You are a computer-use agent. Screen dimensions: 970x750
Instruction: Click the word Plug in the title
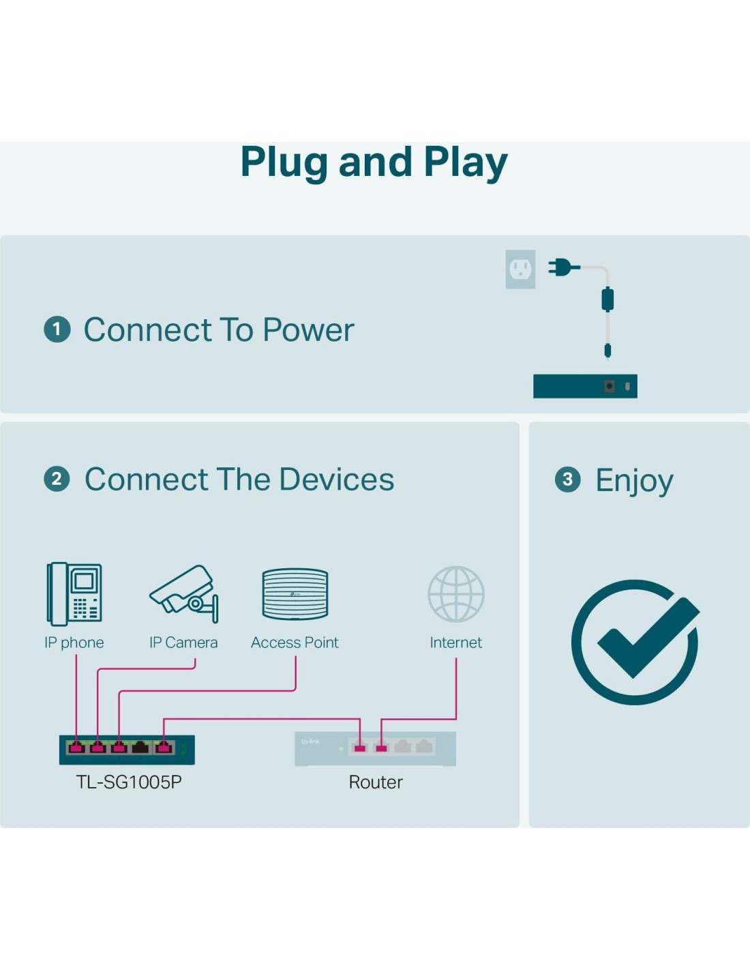pos(284,162)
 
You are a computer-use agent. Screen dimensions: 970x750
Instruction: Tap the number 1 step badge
pos(57,329)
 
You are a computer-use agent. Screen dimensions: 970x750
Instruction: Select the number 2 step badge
pos(57,479)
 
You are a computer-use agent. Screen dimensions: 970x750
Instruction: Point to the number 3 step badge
pos(567,480)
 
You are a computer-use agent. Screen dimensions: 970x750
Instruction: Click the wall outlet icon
pos(520,269)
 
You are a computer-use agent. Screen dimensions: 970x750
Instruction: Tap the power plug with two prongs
pos(562,267)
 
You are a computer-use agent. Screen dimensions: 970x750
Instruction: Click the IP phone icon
pos(74,593)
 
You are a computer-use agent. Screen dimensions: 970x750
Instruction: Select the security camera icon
pos(185,593)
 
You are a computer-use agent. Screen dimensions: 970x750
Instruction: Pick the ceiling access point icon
pos(295,594)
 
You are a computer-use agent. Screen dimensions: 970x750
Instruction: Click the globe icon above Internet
pos(456,594)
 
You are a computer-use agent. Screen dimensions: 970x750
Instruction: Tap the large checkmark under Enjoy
pos(636,641)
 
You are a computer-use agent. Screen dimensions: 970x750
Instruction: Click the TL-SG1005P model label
pos(129,782)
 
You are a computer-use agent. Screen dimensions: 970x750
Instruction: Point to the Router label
pos(376,782)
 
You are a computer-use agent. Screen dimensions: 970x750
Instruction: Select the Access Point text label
pos(295,643)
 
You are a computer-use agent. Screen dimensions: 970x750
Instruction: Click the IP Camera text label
pos(183,643)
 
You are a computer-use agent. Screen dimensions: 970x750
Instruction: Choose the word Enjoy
pos(634,481)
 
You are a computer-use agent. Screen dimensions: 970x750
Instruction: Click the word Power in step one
pos(308,330)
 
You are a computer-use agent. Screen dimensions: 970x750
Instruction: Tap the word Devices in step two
pos(336,480)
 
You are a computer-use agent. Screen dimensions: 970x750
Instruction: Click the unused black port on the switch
pos(140,748)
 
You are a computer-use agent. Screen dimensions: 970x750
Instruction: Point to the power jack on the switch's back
pos(610,387)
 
